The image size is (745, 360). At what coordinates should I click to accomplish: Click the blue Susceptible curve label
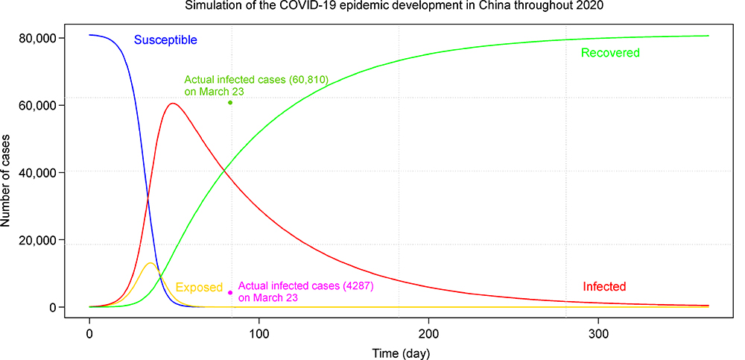click(165, 40)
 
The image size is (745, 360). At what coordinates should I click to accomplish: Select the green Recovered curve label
click(610, 53)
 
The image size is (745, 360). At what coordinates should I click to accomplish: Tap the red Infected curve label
click(604, 286)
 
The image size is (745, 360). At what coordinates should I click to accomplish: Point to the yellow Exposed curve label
click(199, 288)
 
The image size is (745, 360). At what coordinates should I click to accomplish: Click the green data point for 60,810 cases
click(231, 102)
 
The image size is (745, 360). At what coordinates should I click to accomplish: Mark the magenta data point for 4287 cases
click(230, 293)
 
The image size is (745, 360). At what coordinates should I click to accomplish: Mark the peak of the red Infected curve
click(173, 103)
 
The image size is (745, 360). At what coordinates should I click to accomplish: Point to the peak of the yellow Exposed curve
click(150, 263)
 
